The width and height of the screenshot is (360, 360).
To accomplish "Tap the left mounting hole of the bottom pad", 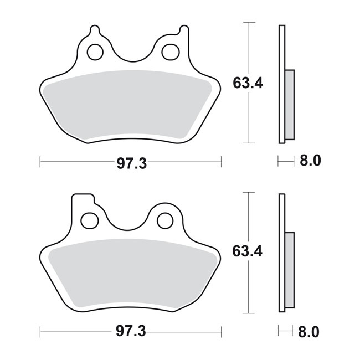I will (89, 220).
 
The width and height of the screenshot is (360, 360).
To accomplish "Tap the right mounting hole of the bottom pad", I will (164, 220).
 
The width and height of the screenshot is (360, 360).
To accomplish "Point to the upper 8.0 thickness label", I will (310, 161).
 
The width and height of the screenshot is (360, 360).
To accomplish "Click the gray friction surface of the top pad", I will (131, 105).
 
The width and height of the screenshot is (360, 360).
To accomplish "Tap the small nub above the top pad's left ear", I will (95, 28).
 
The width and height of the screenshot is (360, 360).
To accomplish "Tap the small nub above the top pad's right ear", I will (180, 28).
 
